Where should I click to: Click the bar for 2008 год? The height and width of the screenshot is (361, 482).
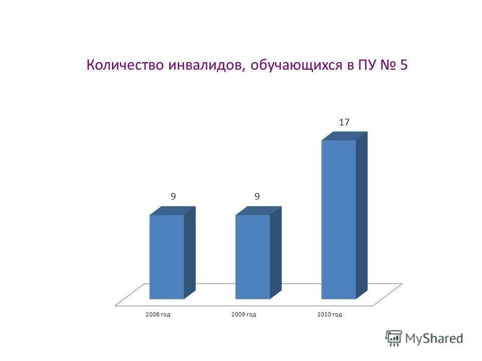pos(167,257)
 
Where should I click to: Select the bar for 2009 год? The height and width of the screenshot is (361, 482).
pos(253,257)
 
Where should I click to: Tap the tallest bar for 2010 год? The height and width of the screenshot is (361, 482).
pos(338,219)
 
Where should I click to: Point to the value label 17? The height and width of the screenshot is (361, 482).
pos(344,122)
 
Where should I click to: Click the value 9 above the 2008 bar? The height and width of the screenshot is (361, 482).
pos(173,197)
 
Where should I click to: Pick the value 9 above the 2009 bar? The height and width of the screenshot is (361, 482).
pos(257,197)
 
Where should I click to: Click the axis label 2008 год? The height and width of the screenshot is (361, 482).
pos(158,314)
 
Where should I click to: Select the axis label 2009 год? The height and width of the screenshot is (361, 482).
pos(244,314)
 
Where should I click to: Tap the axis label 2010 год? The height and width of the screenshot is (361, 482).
pos(330,314)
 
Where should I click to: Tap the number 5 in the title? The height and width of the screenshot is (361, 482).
pos(404,66)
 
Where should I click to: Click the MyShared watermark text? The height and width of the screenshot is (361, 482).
pos(434,338)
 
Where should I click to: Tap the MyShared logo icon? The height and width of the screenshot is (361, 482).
pos(394,338)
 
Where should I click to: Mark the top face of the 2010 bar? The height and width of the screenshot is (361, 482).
pos(344,136)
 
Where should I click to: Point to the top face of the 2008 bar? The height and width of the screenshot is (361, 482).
pos(173,211)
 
